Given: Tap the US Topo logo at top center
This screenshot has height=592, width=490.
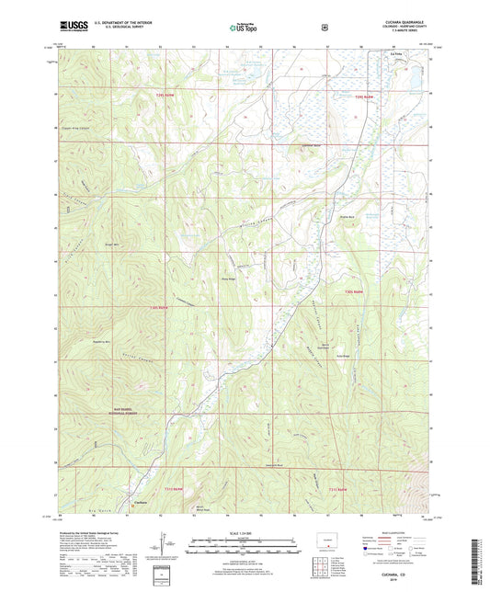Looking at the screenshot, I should [244, 28].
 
